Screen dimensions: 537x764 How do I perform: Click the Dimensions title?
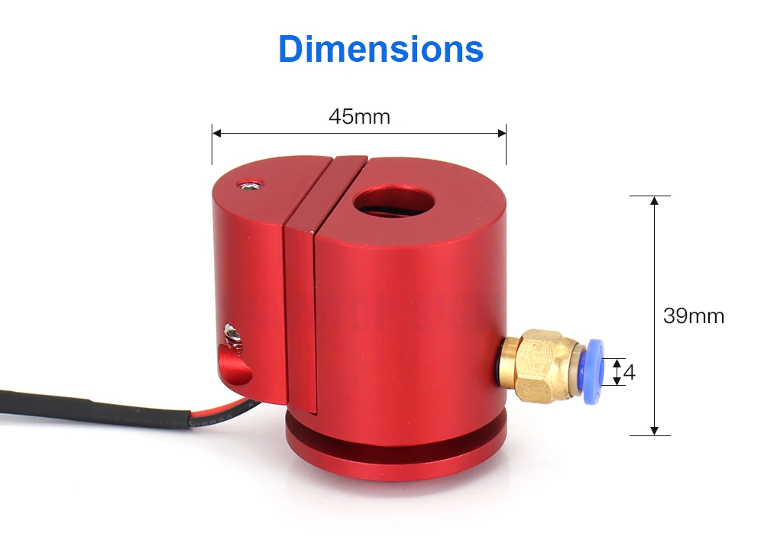[380, 49]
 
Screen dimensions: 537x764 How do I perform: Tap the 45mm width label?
[359, 117]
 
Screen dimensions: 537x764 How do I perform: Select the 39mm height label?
[693, 315]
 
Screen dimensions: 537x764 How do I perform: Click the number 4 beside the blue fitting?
[630, 373]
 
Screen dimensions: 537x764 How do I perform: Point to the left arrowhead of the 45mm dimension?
[216, 133]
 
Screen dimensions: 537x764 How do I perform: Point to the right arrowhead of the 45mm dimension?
[501, 133]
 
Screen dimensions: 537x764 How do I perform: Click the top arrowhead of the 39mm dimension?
[654, 201]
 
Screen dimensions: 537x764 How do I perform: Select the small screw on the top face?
[248, 184]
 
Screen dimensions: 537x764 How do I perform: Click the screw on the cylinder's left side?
[231, 333]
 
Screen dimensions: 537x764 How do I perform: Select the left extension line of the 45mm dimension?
[212, 145]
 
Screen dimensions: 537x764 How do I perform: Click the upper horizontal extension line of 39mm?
[649, 196]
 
